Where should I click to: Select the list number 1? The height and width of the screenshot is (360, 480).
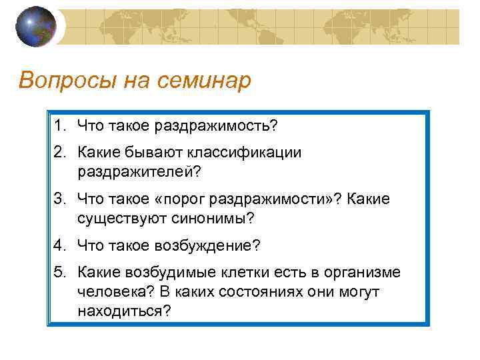61,126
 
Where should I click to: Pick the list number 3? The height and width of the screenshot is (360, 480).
61,199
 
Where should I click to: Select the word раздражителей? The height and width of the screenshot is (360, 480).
139,171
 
